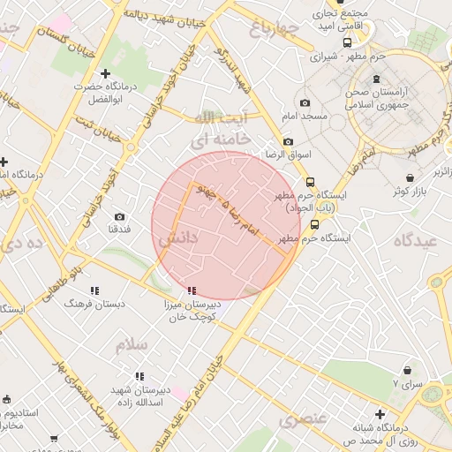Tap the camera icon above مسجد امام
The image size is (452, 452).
305,102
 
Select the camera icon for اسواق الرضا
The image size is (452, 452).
288,141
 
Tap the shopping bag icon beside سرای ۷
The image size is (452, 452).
407,371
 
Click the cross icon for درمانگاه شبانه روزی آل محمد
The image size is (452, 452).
380,413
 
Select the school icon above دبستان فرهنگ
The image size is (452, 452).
94,290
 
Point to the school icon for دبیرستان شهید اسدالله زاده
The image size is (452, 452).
139,376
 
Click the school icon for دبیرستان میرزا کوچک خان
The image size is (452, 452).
192,290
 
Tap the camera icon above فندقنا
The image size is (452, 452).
120,216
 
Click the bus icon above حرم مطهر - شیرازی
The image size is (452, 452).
348,41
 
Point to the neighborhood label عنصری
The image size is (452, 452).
303,419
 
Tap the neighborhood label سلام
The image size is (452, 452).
131,344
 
